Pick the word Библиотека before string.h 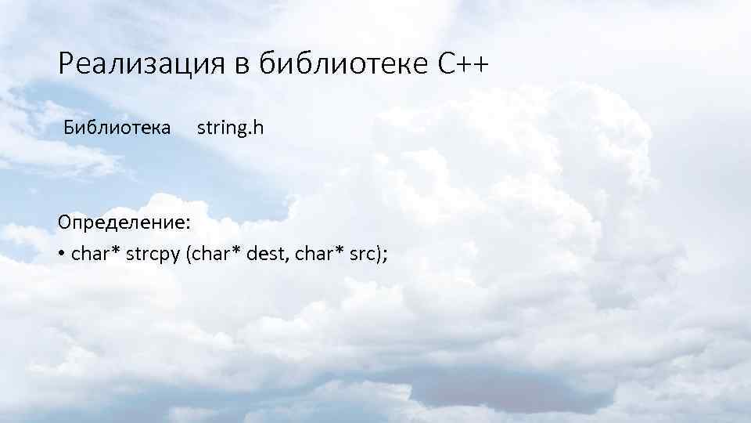coord(118,127)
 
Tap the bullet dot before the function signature coord(61,254)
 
